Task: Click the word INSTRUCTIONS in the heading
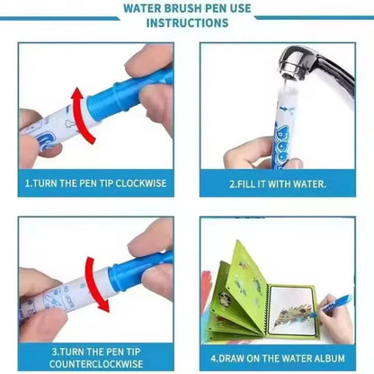coord(187,22)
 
